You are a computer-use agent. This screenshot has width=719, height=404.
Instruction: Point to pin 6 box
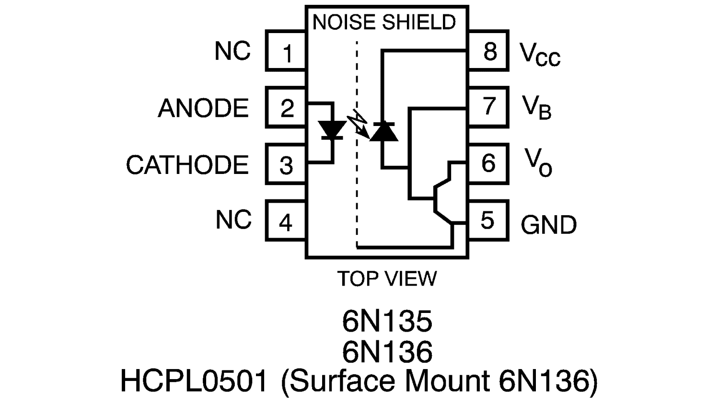[x=487, y=163]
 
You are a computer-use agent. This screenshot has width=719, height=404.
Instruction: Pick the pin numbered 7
[x=487, y=106]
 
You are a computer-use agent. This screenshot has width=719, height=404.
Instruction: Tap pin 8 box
[x=487, y=50]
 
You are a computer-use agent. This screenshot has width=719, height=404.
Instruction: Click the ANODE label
[x=203, y=108]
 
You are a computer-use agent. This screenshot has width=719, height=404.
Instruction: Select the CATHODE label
[x=187, y=165]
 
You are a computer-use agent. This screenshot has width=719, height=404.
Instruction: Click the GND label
[x=548, y=225]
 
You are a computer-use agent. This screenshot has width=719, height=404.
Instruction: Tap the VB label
[x=537, y=107]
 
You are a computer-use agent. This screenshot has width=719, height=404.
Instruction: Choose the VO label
[x=538, y=163]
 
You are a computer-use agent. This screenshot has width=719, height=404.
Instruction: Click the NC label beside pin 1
[x=232, y=51]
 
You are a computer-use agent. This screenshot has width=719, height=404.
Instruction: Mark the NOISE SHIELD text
[x=384, y=23]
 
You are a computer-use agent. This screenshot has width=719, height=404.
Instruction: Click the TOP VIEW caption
[x=387, y=278]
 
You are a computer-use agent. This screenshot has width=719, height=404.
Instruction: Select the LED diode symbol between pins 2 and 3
[x=332, y=129]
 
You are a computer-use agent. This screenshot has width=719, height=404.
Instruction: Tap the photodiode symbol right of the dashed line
[x=383, y=131]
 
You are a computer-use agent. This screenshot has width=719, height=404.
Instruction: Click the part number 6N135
[x=387, y=321]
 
